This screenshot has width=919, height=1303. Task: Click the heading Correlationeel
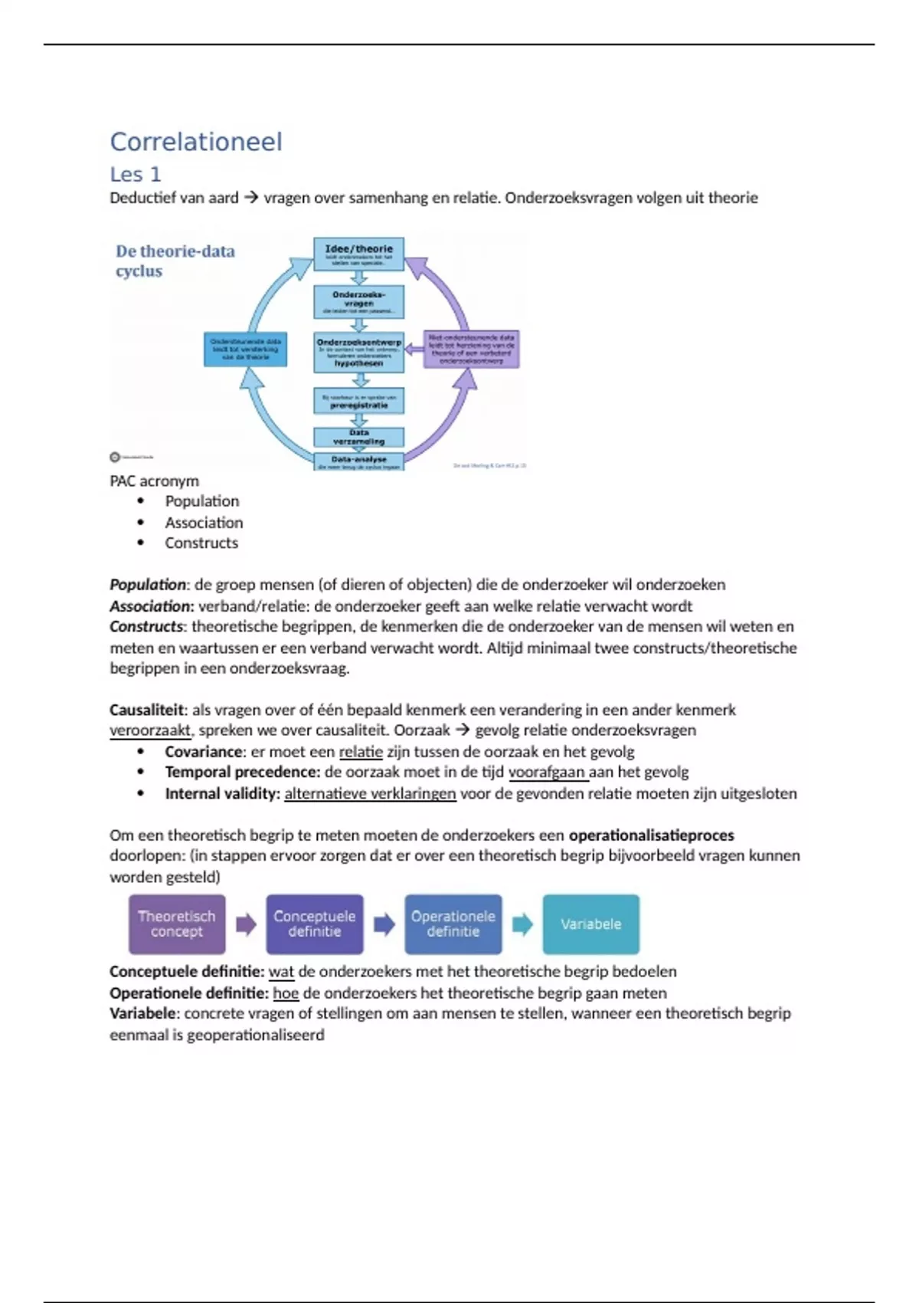[x=196, y=142]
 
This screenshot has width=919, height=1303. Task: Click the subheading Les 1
[x=136, y=175]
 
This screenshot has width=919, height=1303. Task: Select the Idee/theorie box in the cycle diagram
[x=358, y=254]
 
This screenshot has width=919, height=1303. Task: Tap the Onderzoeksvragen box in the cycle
[x=358, y=302]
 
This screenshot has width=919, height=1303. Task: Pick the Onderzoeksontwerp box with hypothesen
[x=358, y=353]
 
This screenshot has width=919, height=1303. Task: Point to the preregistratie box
[x=358, y=401]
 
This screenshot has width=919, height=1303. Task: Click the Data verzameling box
[x=358, y=437]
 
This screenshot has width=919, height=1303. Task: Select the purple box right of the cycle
[x=471, y=349]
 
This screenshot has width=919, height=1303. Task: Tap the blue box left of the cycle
[x=245, y=349]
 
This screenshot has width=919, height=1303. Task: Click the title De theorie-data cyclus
[x=175, y=261]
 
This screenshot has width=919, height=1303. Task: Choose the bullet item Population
[x=202, y=501]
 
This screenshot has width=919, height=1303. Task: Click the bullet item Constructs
[x=201, y=543]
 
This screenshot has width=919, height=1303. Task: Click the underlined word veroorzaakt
[x=150, y=730]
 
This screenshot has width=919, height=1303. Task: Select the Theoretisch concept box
[x=177, y=924]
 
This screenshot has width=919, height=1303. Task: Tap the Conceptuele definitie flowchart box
[x=315, y=924]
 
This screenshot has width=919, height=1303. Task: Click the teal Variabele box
[x=590, y=924]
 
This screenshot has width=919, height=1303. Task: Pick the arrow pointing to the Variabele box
[x=522, y=924]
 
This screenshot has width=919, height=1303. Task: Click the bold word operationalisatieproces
[x=651, y=835]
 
